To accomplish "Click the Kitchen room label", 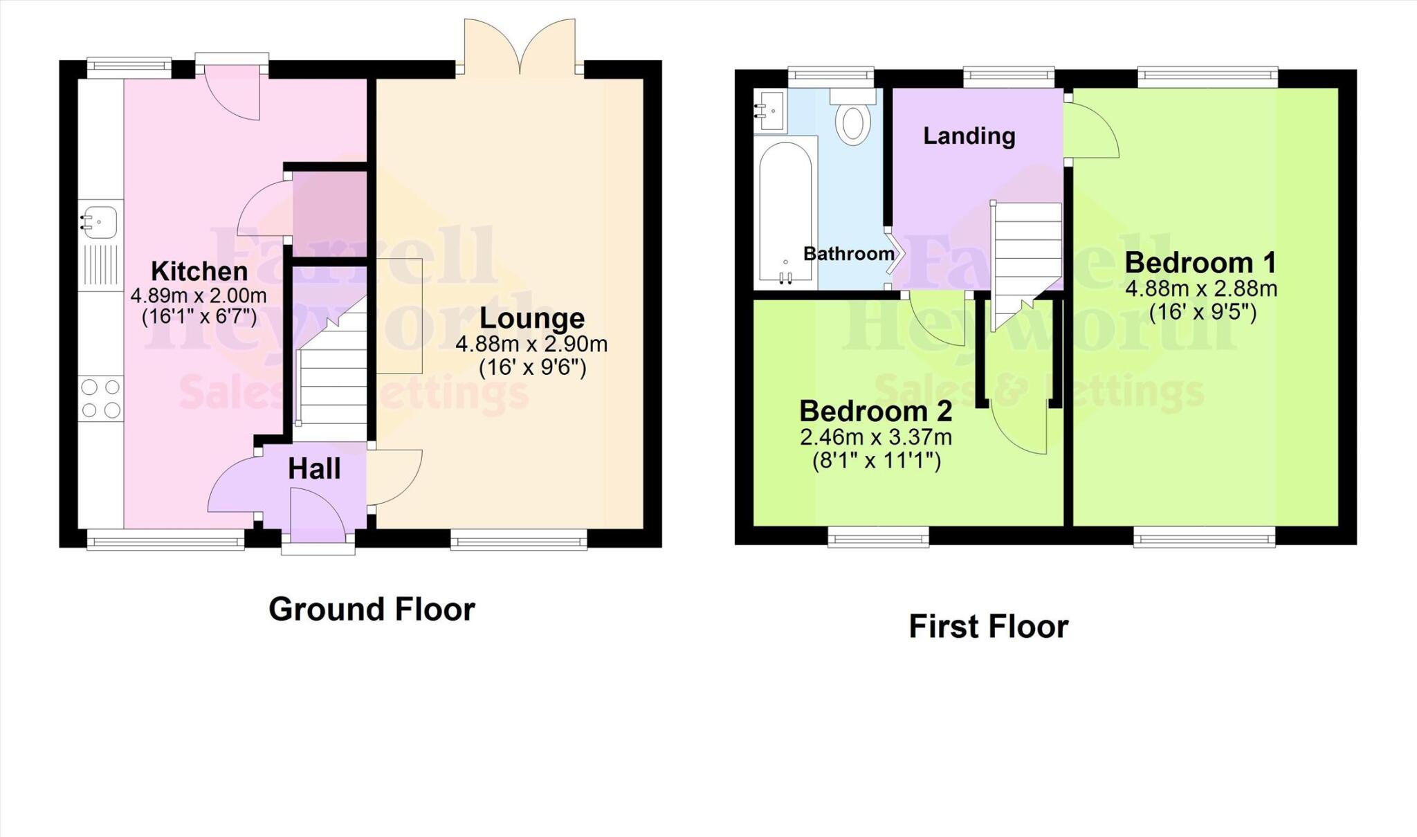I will [x=199, y=270].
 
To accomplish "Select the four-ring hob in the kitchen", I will [x=101, y=399].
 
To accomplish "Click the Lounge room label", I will [x=531, y=318].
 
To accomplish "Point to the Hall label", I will [x=314, y=469].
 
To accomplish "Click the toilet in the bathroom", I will [x=852, y=122].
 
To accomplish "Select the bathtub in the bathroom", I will [x=785, y=214].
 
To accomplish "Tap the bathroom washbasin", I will [x=769, y=111].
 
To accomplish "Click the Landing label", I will [x=969, y=136].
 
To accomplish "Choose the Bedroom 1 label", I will [x=1200, y=263].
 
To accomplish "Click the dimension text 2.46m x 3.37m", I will [x=876, y=437].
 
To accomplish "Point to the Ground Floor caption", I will [x=372, y=609].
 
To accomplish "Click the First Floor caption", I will [x=988, y=627].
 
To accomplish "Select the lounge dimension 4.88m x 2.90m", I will [x=531, y=344].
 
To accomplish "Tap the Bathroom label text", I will [x=848, y=254].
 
